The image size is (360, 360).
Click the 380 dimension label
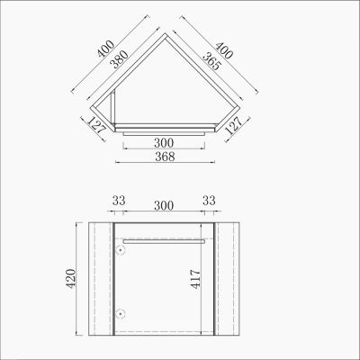coord(119,59)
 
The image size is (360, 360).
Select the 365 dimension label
coord(211,61)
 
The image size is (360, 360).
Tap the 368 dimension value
coord(165,157)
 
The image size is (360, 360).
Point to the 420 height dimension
coord(71,279)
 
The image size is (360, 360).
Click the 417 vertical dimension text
coord(195,279)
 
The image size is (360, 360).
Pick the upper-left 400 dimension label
coord(105,49)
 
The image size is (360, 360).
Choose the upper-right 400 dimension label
coord(224,49)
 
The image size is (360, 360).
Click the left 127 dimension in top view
coord(96,124)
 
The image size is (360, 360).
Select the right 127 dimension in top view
coord(233,125)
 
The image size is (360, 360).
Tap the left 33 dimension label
coord(119,201)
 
